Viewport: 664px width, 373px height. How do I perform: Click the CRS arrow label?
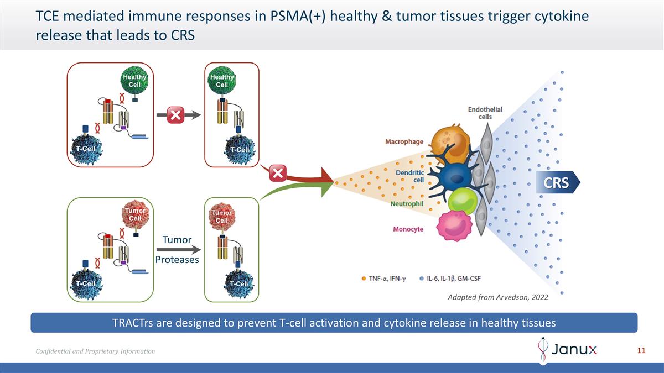coord(556,182)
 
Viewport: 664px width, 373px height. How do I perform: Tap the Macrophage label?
coord(404,141)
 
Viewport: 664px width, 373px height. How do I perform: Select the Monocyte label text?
coord(408,229)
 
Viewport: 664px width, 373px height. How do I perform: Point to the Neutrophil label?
coord(407,204)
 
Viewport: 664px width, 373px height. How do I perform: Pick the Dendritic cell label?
coord(410,176)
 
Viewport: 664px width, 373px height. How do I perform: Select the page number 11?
coord(642,351)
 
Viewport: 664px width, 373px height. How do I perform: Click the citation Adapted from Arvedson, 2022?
coord(497,297)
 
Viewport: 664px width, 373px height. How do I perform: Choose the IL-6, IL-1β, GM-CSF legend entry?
coord(450,277)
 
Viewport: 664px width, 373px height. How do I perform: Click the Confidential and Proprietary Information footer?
coord(95,351)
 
